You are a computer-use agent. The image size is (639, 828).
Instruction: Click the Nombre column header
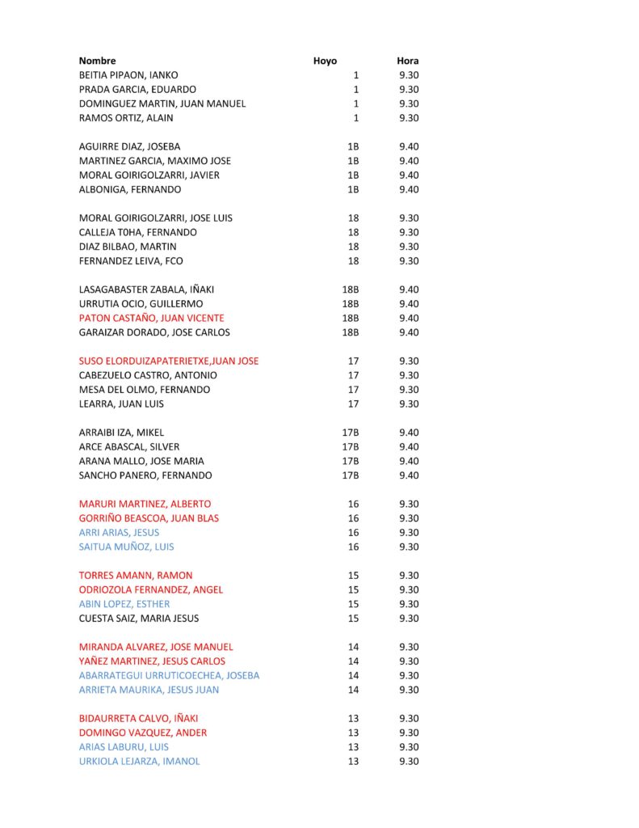click(97, 61)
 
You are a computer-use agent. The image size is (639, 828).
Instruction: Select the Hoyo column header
click(325, 61)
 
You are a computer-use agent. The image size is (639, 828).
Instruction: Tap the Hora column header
click(408, 61)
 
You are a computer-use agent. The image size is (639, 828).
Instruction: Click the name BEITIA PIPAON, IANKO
click(128, 75)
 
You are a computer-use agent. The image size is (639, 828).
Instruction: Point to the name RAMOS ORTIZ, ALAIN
click(126, 118)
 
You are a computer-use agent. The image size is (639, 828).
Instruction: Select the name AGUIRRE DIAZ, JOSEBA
click(129, 146)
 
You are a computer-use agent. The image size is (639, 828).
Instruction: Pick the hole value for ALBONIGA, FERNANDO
click(352, 189)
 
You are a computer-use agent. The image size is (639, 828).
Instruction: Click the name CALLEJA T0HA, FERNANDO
click(137, 232)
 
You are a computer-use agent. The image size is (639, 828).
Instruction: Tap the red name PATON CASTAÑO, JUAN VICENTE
click(151, 318)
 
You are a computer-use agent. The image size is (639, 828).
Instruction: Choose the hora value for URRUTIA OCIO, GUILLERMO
click(409, 303)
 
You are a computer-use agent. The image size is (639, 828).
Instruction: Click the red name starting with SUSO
click(168, 361)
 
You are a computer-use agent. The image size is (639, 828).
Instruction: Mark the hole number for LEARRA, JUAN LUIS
click(353, 403)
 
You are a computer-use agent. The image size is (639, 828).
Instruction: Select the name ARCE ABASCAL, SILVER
click(129, 446)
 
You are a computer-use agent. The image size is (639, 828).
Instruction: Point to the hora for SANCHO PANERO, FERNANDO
click(409, 475)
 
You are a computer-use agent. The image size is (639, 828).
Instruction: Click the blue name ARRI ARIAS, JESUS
click(119, 532)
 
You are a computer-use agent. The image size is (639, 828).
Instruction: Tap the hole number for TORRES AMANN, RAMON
click(353, 575)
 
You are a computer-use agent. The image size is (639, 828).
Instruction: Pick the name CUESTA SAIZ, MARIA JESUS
click(138, 619)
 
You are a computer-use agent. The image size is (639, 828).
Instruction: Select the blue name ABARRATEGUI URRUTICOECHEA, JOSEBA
click(169, 675)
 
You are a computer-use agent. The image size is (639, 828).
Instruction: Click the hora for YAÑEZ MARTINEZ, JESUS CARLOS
click(409, 661)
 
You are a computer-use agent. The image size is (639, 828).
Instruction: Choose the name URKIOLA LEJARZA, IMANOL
click(139, 761)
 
